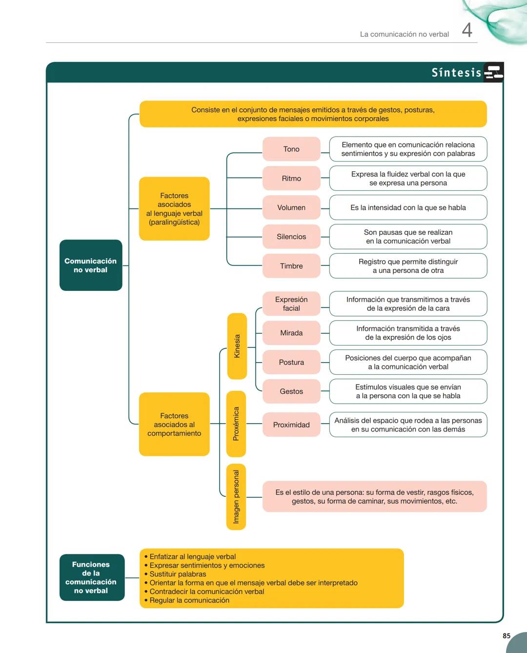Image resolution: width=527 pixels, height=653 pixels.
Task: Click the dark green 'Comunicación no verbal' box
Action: tap(91, 265)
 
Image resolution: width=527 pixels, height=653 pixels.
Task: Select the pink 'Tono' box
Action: tap(291, 149)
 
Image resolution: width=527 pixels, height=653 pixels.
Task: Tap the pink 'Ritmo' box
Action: tap(291, 178)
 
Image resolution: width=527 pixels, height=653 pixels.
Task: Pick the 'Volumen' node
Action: tap(291, 207)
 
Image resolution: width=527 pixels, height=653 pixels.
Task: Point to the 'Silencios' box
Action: tap(291, 237)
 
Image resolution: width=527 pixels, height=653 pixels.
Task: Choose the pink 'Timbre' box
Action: tap(291, 266)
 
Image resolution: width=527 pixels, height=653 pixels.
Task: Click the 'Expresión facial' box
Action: tap(291, 304)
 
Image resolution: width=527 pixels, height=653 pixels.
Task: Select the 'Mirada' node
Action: tap(291, 333)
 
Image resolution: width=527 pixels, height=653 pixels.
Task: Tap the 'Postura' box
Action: tap(291, 362)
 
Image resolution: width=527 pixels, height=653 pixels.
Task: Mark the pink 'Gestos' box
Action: tap(291, 391)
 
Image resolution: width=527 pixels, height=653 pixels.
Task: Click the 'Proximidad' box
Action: tap(291, 425)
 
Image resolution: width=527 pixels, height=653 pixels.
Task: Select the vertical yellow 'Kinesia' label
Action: tap(237, 346)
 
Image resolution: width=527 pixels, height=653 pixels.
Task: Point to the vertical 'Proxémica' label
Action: tap(236, 424)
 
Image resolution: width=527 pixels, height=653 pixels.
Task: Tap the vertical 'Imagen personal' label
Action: tap(236, 497)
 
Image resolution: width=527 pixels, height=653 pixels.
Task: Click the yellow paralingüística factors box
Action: tap(174, 209)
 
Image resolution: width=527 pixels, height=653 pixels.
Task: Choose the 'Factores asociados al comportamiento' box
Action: tap(174, 424)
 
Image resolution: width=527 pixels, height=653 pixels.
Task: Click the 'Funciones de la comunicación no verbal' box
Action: tap(91, 577)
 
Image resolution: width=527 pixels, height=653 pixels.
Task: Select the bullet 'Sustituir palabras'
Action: tap(178, 574)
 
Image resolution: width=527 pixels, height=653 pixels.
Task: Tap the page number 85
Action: tap(507, 635)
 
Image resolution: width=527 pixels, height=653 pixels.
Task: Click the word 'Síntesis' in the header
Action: tap(456, 73)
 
